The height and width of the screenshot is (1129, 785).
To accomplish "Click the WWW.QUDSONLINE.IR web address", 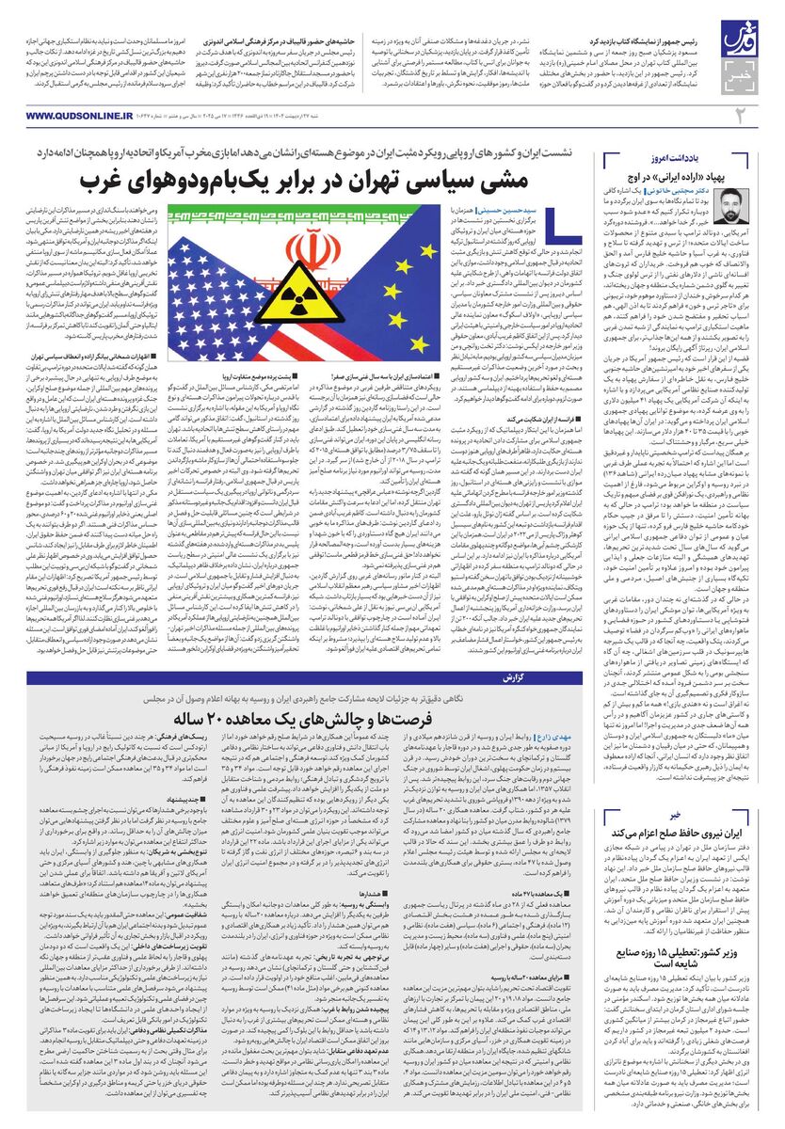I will [x=67, y=115].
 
